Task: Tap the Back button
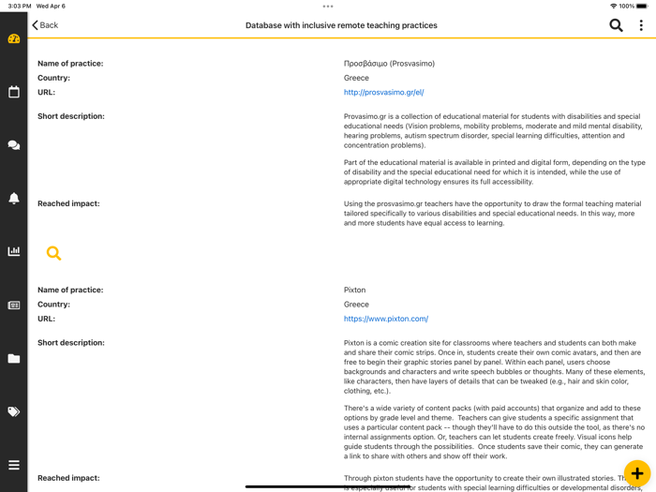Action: (45, 25)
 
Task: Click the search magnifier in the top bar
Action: (616, 25)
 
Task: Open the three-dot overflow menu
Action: (641, 25)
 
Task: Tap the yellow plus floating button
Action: (636, 473)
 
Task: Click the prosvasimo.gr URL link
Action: (383, 93)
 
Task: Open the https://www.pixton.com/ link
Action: (385, 319)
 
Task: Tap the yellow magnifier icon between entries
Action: (53, 253)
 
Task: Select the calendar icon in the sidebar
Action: (14, 92)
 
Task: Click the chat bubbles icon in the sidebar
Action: (14, 145)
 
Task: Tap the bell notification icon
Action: (14, 199)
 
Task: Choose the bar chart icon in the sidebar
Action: (14, 251)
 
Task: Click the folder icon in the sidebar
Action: (14, 358)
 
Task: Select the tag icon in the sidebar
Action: (14, 411)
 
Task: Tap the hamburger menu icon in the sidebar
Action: (14, 465)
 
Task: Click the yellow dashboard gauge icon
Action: (14, 38)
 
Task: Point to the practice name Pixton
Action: (354, 291)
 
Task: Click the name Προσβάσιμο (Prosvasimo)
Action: (389, 64)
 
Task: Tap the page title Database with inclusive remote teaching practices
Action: (341, 25)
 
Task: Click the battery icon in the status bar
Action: (642, 6)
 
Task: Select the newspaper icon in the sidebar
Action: (14, 306)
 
